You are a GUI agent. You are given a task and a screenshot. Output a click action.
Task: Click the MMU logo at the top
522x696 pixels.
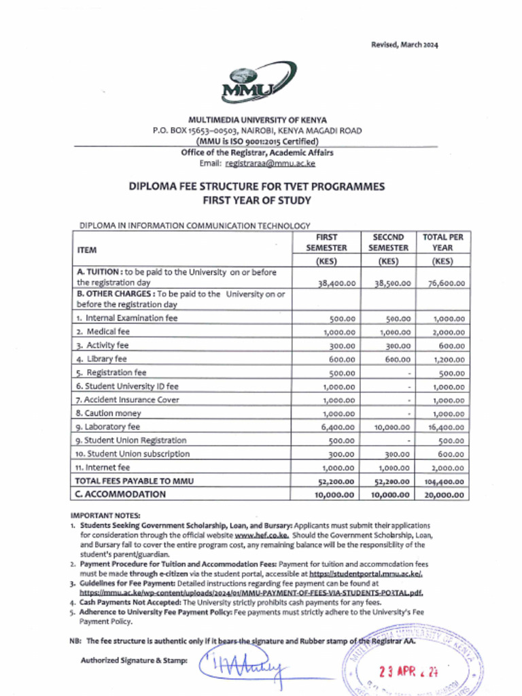click(x=258, y=82)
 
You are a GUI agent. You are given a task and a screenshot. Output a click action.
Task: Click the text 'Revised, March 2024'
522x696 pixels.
click(x=404, y=45)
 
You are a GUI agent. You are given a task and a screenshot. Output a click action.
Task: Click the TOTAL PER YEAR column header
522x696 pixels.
click(x=442, y=243)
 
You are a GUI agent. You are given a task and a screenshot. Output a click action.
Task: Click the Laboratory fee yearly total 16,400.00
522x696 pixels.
click(x=442, y=427)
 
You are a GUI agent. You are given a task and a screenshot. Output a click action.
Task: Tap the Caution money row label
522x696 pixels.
click(x=109, y=413)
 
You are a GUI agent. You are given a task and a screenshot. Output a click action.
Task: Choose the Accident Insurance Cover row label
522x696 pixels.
click(x=128, y=400)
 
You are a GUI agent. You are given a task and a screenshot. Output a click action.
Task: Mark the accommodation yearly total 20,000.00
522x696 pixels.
click(x=442, y=495)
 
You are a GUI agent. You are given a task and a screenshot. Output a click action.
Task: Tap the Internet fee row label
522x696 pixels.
click(x=104, y=468)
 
